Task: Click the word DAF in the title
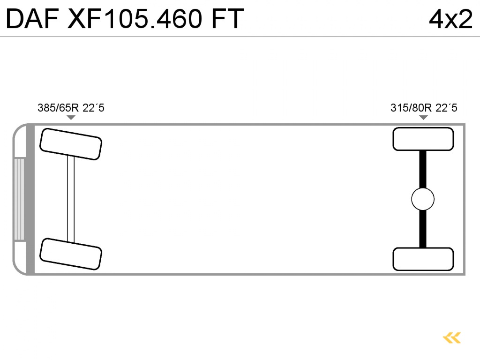[32, 19]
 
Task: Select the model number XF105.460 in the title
[135, 19]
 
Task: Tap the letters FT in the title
[227, 19]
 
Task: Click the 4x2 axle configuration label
[450, 19]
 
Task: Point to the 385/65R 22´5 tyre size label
[71, 108]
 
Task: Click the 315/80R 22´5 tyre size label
[424, 108]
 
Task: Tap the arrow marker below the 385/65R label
[71, 118]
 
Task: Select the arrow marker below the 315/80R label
[423, 118]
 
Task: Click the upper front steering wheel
[71, 144]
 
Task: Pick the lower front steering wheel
[71, 254]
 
